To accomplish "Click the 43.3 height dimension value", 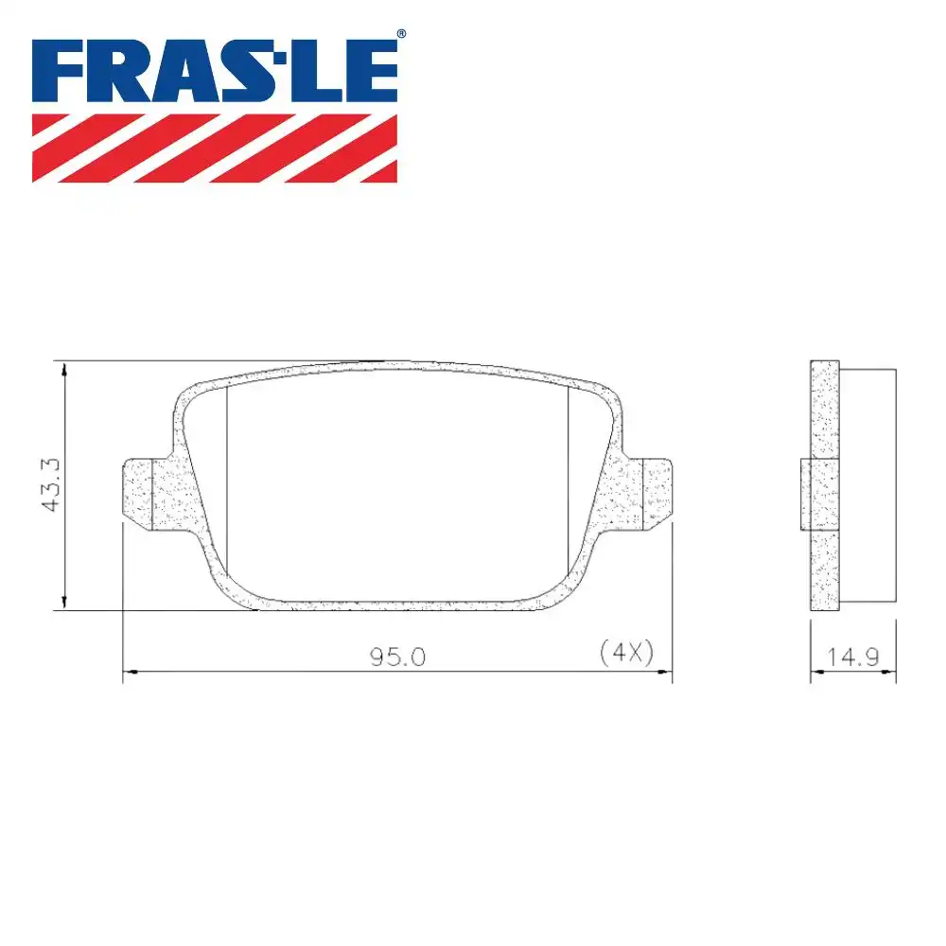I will point(50,484).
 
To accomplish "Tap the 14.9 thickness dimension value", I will point(852,657).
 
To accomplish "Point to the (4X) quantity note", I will point(626,652).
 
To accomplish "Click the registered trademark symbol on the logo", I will point(401,35).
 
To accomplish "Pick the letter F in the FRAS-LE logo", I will point(59,71).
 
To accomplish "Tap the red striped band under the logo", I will point(215,148).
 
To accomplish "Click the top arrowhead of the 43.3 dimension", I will point(63,369).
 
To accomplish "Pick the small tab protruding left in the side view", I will point(807,494).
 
